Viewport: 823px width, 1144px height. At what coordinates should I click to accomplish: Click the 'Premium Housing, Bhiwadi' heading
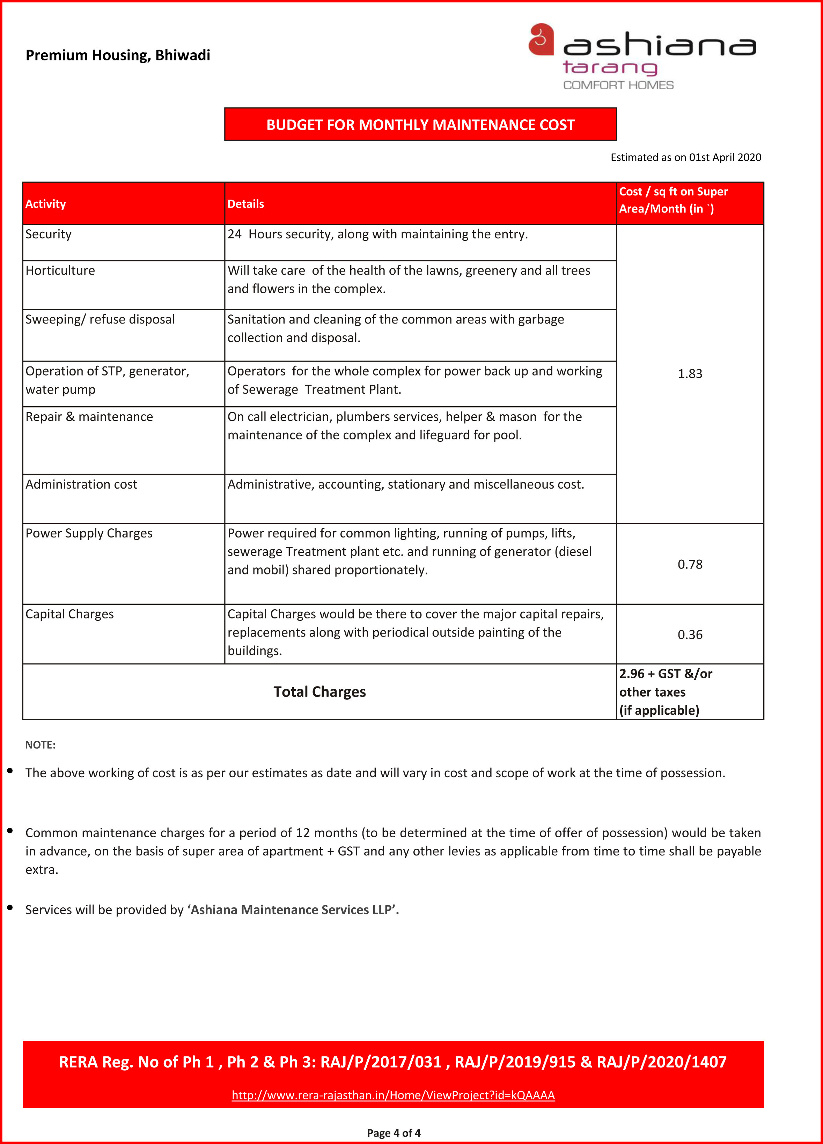click(118, 55)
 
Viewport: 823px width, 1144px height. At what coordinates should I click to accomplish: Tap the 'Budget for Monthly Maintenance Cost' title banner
click(420, 125)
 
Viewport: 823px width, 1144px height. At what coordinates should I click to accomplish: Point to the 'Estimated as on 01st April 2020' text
click(685, 157)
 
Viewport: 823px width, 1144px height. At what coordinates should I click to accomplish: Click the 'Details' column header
click(246, 204)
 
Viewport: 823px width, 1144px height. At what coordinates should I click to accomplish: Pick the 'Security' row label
click(49, 234)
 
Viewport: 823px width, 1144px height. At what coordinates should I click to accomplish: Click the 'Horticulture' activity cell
click(60, 270)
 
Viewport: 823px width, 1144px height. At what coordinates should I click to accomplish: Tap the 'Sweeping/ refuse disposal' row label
click(100, 319)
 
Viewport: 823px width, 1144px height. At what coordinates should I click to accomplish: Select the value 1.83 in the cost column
click(689, 374)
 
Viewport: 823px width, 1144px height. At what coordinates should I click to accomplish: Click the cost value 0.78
click(689, 564)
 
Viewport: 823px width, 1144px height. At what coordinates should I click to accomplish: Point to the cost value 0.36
click(689, 634)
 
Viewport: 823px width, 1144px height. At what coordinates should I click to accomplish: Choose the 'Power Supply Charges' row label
click(89, 533)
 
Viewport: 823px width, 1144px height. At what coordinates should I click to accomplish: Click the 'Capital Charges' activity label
click(69, 614)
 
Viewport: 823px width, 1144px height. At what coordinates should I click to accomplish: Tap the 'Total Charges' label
click(319, 692)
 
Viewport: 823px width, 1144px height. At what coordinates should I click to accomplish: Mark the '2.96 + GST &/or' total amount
click(665, 674)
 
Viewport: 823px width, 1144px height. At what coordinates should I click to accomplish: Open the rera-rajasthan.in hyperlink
click(393, 1095)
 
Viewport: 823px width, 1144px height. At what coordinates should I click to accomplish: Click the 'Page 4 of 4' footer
click(394, 1133)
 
